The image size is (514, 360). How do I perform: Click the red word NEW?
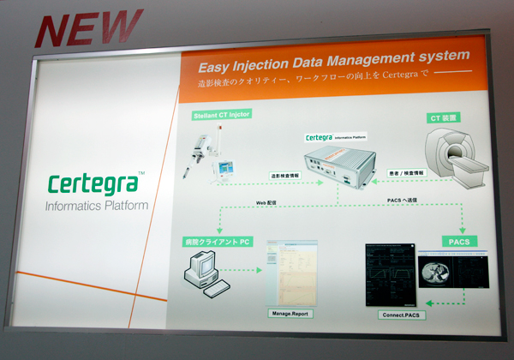(89, 28)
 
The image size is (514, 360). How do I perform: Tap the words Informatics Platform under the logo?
(97, 206)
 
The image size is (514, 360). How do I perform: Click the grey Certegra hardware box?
(338, 165)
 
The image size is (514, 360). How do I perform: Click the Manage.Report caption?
(291, 315)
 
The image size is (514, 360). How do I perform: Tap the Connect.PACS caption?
(402, 315)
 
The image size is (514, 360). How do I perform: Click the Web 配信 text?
(269, 202)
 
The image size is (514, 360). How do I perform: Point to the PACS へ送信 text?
(406, 201)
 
